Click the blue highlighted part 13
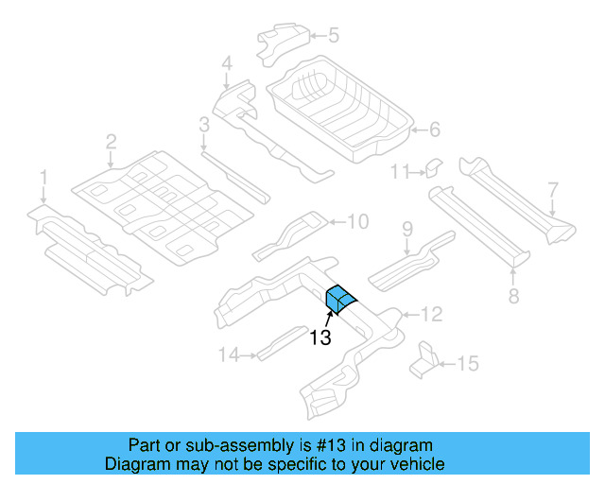338,298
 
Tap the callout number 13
320,337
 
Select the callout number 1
43,177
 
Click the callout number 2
111,142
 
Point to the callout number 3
203,125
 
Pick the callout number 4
227,64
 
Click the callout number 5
333,36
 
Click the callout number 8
513,296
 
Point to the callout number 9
407,229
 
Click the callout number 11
400,171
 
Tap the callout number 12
431,314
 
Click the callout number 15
468,362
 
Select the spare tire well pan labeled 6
340,109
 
